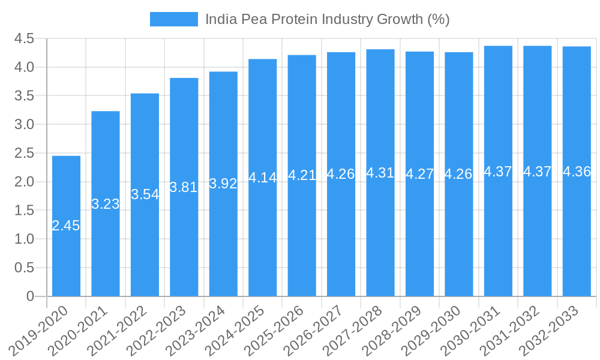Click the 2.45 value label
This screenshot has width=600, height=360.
(66, 226)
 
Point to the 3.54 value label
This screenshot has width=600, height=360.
(145, 194)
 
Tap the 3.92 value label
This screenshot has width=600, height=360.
(223, 184)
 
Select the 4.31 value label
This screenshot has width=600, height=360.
(380, 173)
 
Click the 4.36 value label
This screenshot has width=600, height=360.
(577, 172)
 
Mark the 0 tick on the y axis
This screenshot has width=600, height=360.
(30, 296)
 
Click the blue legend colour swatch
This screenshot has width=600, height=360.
(173, 19)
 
